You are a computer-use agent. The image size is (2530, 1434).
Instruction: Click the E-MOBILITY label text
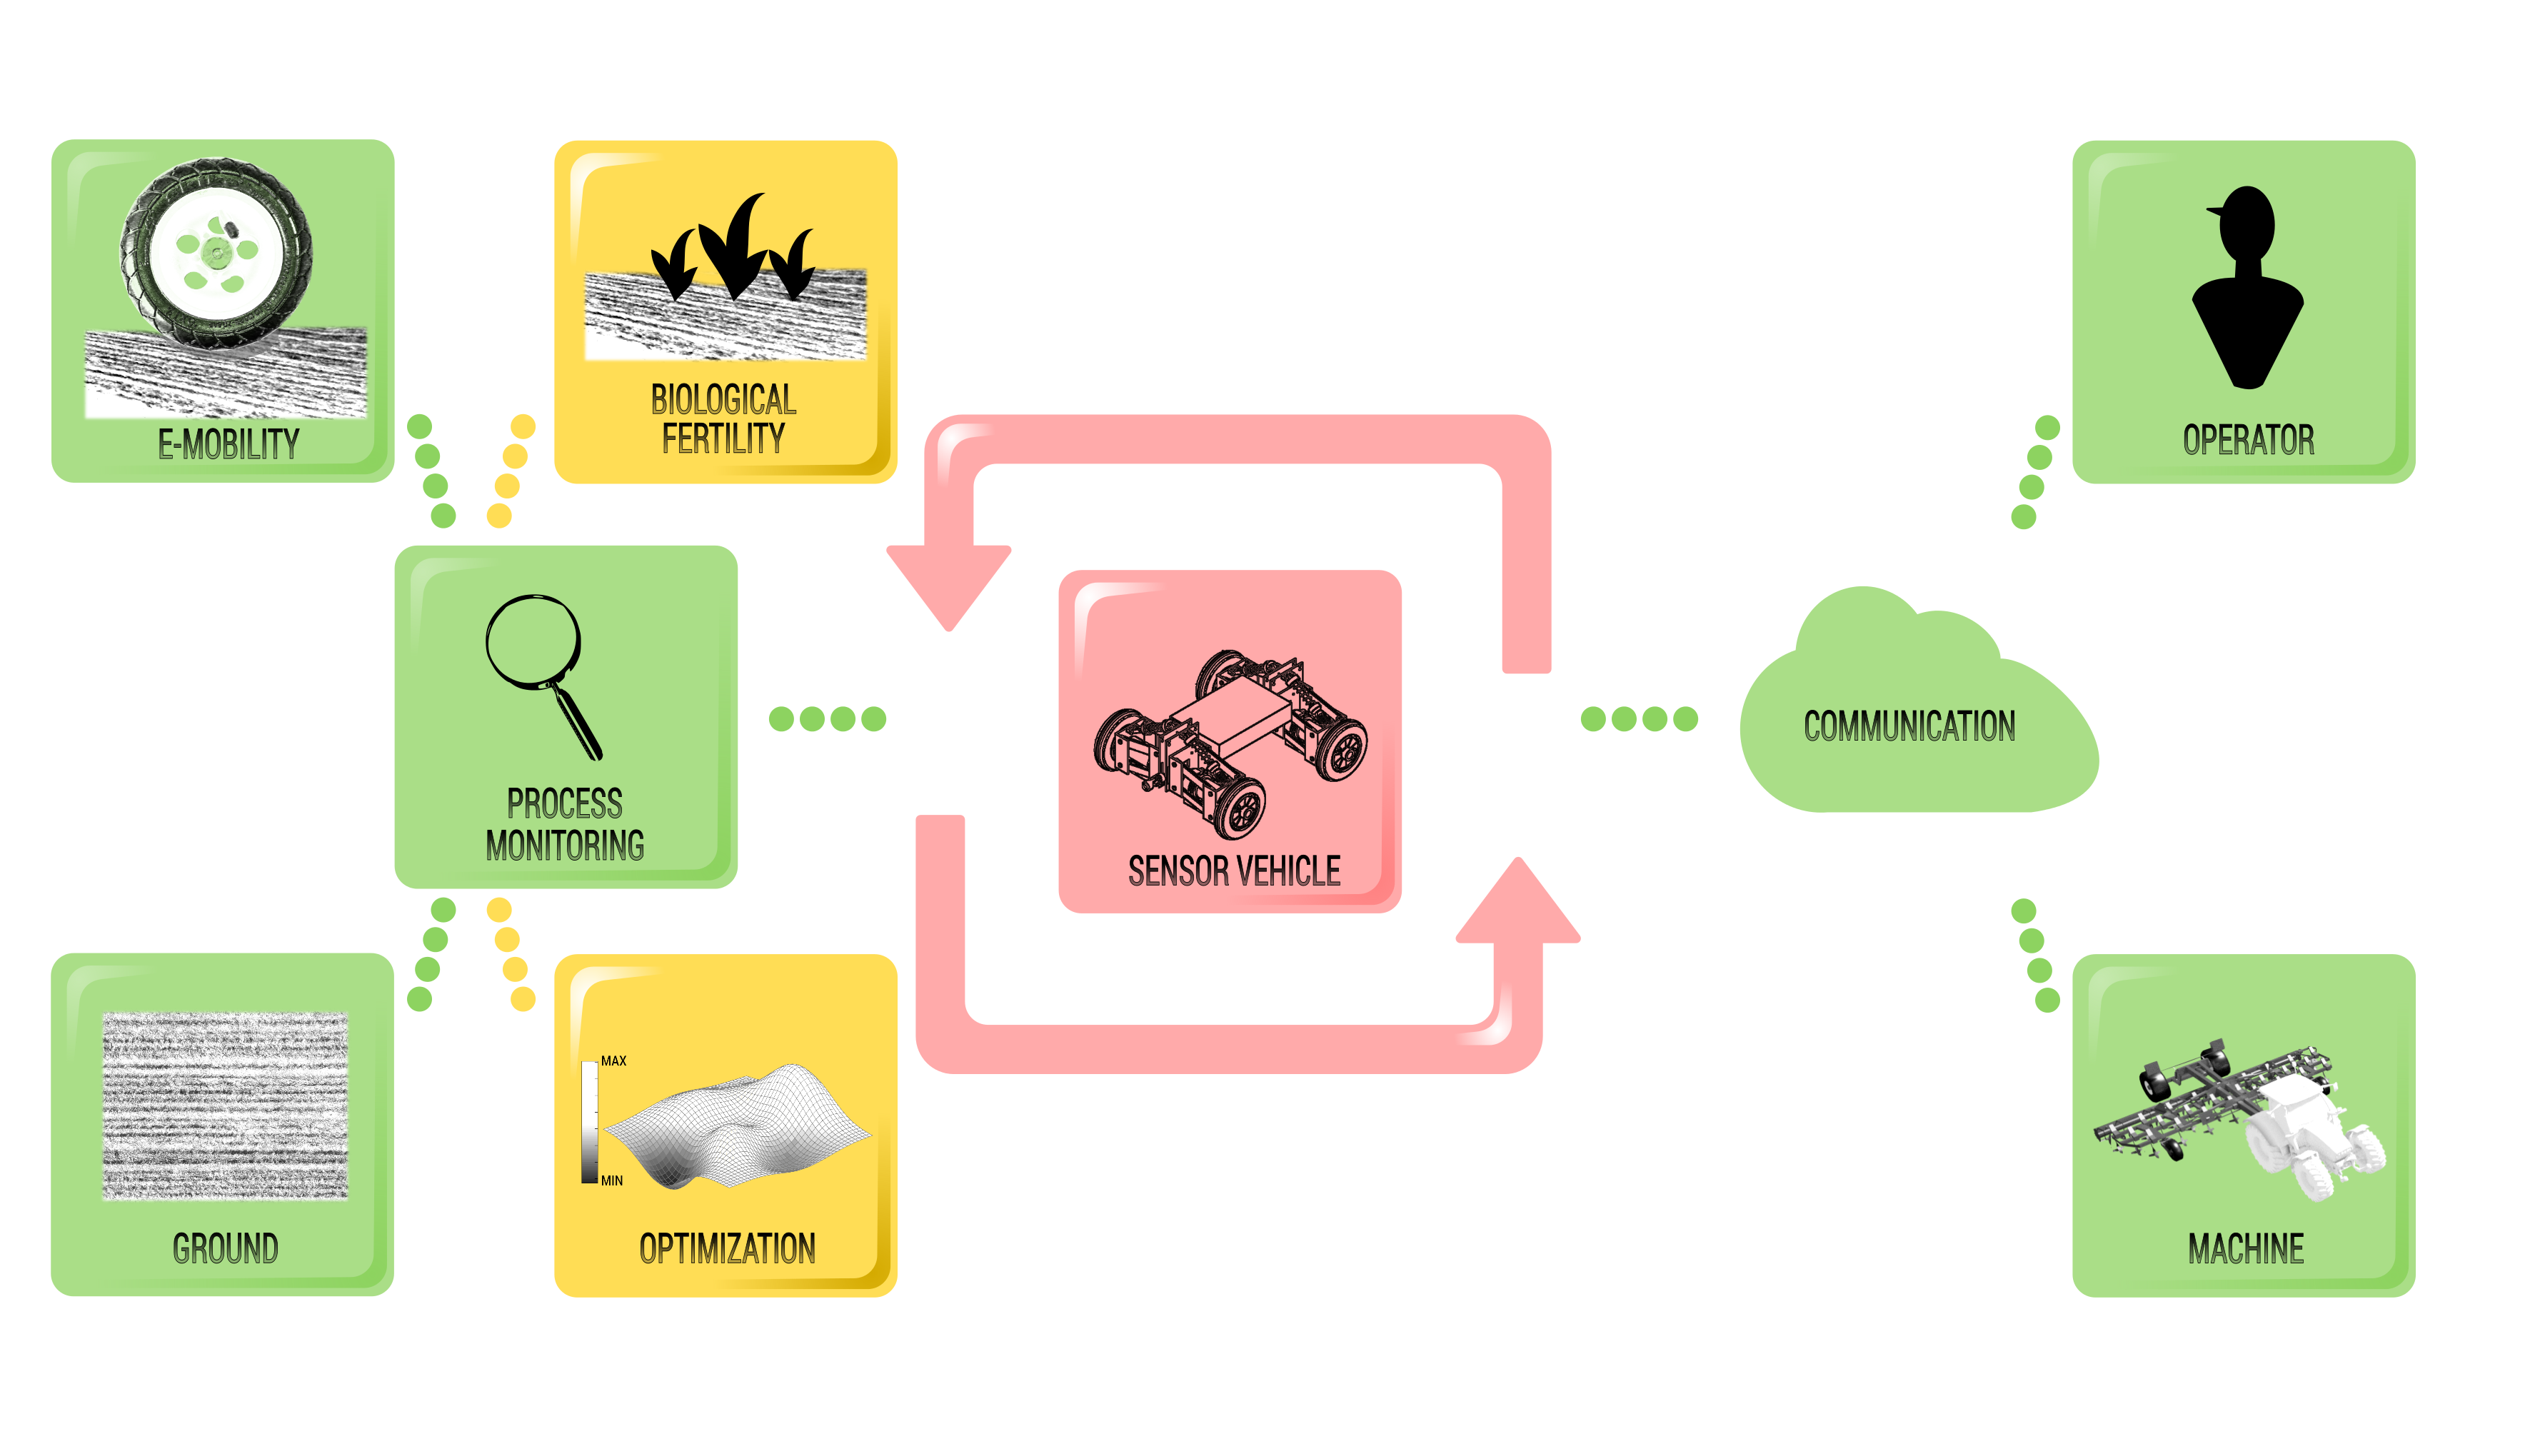coord(229,444)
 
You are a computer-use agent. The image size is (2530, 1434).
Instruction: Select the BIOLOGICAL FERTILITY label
coord(724,418)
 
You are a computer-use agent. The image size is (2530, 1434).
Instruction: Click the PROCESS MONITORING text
coord(564,824)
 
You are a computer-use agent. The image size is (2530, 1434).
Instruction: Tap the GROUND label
coord(226,1249)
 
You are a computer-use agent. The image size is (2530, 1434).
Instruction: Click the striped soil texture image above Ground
coord(226,1106)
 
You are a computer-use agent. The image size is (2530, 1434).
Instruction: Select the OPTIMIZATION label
coord(727,1249)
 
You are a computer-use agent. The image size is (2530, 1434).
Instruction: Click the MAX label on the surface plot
coord(613,1061)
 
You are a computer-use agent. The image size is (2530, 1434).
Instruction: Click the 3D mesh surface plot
coord(738,1128)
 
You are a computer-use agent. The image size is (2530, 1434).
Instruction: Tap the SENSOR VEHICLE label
coord(1234,871)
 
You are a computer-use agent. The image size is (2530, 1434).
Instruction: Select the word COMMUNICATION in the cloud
coord(1909,727)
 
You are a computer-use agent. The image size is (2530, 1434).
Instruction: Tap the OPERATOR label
coord(2249,439)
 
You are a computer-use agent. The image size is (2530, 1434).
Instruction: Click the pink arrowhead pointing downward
coord(949,586)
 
